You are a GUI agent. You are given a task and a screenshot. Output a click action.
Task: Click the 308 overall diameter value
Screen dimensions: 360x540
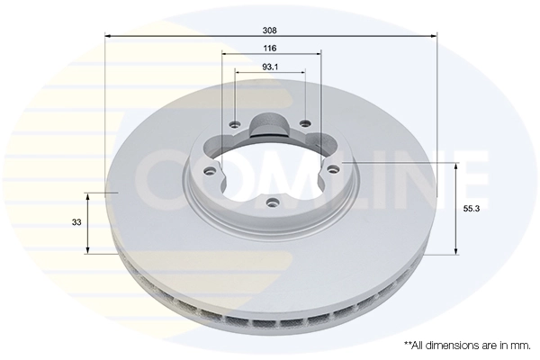coord(270,27)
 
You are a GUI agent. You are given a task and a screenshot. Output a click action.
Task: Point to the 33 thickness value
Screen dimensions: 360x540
coord(77,221)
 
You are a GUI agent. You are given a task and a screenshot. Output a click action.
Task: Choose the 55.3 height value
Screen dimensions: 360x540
coord(471,208)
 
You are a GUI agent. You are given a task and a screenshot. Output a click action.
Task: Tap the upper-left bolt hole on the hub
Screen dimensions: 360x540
coord(234,125)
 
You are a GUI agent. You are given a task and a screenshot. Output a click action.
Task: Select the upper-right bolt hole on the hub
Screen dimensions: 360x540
coord(306,124)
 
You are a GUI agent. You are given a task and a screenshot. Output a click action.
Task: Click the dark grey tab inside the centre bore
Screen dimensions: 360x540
coord(269,125)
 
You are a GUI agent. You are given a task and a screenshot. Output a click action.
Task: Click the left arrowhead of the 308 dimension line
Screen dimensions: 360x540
coord(109,35)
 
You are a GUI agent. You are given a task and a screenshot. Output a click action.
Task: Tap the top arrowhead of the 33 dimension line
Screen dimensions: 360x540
coord(87,195)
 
